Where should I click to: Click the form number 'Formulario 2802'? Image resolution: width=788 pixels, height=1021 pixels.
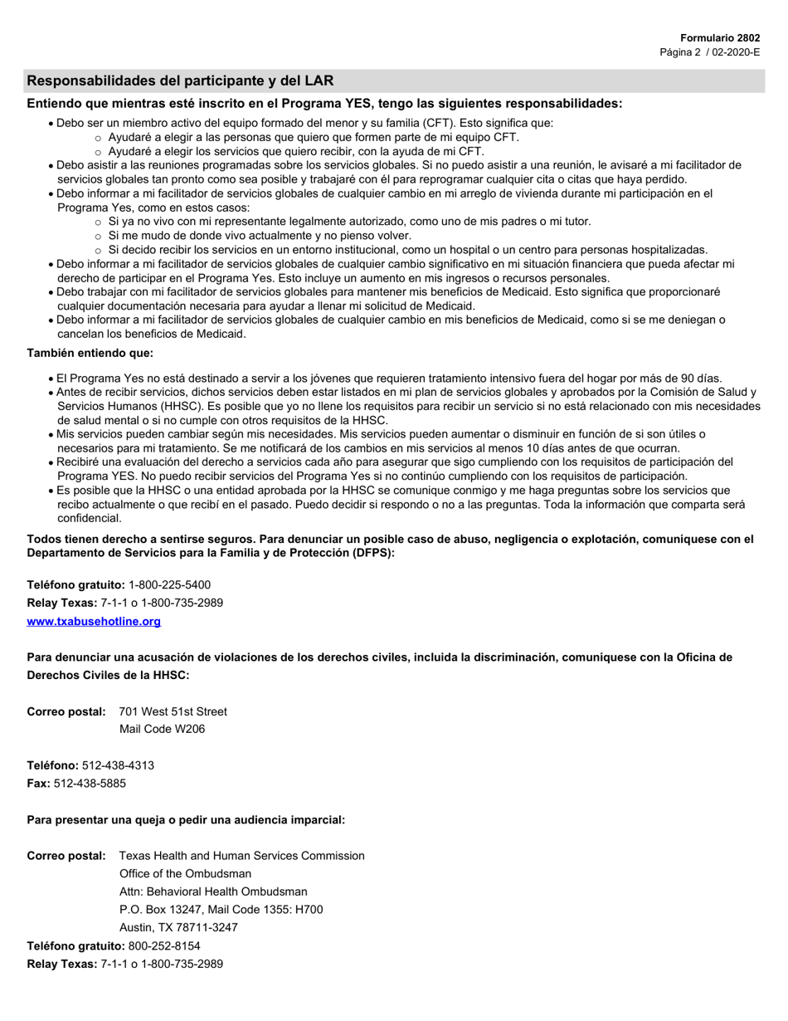pyautogui.click(x=719, y=38)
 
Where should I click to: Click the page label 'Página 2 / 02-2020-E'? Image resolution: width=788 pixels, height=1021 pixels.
pyautogui.click(x=709, y=52)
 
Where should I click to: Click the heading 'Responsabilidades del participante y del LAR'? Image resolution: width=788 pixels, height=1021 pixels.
pyautogui.click(x=180, y=81)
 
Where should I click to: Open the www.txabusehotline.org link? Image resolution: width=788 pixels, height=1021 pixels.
pyautogui.click(x=94, y=621)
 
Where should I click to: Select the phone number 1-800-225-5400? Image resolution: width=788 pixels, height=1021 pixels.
pyautogui.click(x=169, y=584)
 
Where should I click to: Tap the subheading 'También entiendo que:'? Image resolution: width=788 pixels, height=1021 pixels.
pyautogui.click(x=90, y=353)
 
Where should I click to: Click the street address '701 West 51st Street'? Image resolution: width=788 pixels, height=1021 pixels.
pyautogui.click(x=173, y=711)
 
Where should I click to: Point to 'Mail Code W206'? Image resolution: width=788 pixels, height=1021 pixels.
pyautogui.click(x=162, y=729)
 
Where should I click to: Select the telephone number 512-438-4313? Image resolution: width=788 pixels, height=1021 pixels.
pyautogui.click(x=118, y=765)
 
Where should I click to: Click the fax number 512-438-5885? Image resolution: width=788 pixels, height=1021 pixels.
pyautogui.click(x=90, y=783)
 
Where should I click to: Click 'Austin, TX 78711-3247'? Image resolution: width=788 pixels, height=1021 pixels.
pyautogui.click(x=178, y=927)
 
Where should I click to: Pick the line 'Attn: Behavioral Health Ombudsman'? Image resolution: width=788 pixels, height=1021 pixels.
pyautogui.click(x=213, y=892)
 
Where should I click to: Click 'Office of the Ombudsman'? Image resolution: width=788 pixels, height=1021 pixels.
pyautogui.click(x=185, y=873)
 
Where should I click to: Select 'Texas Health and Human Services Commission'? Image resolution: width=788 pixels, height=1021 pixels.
pyautogui.click(x=241, y=855)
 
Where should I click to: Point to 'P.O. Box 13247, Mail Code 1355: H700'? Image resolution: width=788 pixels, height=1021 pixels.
pyautogui.click(x=221, y=909)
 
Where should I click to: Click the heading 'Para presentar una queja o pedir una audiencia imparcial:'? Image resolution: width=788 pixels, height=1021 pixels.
pyautogui.click(x=186, y=819)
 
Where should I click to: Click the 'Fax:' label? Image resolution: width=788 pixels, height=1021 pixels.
pyautogui.click(x=39, y=783)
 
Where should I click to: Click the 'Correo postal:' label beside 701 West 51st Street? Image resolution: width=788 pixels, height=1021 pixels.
pyautogui.click(x=66, y=711)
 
